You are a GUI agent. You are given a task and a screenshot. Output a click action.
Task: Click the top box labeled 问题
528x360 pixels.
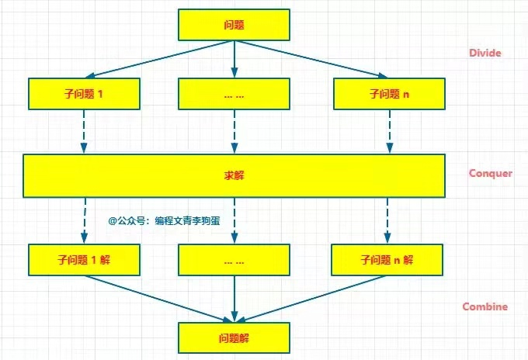[x=234, y=25]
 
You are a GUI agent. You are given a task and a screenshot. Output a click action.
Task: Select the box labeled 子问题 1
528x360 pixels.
[x=83, y=94]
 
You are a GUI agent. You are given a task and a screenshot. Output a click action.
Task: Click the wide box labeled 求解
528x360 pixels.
[x=234, y=175]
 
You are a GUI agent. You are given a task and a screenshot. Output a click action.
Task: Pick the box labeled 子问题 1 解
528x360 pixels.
[x=83, y=260]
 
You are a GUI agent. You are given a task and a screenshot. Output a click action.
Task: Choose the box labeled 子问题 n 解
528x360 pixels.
[x=387, y=260]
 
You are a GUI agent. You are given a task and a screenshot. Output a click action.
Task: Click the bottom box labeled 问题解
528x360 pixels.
[x=234, y=338]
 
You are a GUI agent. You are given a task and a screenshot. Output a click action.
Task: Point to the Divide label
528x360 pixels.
[x=485, y=54]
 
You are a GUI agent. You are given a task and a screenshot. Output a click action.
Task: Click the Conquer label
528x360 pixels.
[x=490, y=173]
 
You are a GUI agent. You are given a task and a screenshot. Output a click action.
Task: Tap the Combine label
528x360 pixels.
[x=485, y=306]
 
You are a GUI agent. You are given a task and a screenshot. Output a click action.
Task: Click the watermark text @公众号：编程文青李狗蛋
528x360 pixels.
[x=164, y=220]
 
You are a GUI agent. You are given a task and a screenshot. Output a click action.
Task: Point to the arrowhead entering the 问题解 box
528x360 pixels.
[x=234, y=318]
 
